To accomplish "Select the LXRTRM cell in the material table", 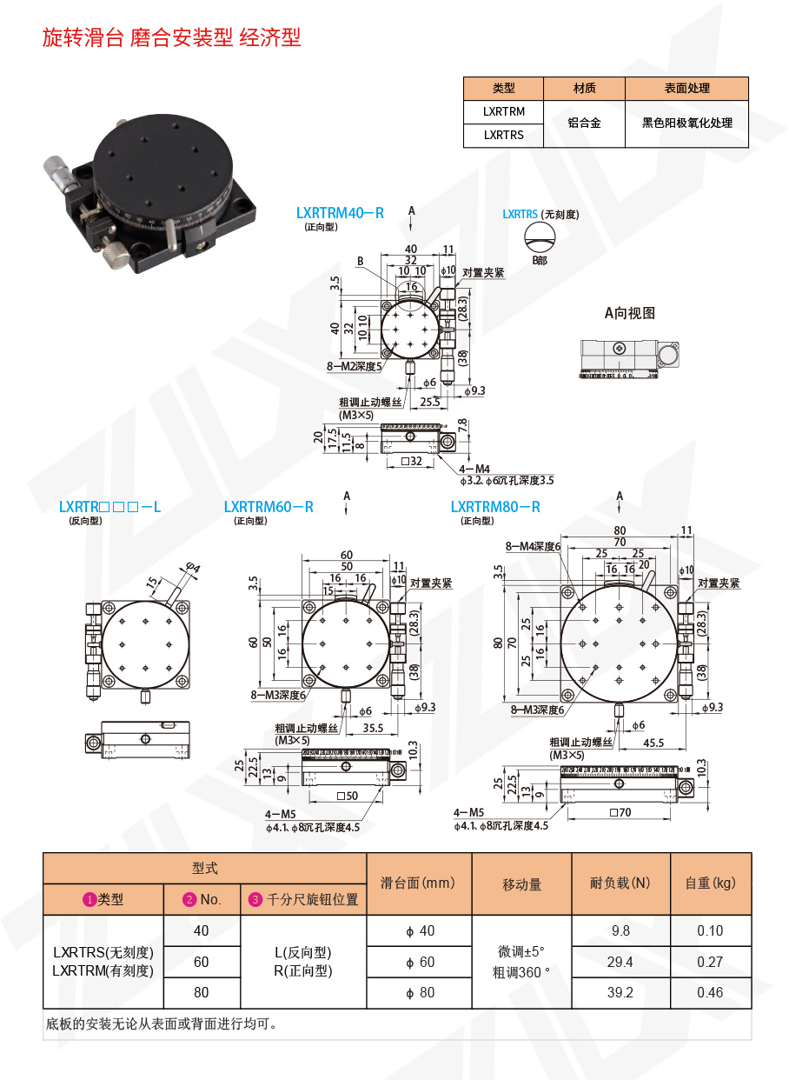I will [504, 111].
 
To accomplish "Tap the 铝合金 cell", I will [584, 123].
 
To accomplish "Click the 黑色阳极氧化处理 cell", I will [686, 123].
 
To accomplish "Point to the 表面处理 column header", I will [686, 88].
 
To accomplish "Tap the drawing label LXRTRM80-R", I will [495, 507].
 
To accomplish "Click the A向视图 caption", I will [630, 313].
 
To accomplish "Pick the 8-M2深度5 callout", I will [354, 367].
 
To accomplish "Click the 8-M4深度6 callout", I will [534, 546].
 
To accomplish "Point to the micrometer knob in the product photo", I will [58, 171].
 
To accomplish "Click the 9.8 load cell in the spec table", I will [620, 931].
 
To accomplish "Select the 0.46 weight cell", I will [710, 992].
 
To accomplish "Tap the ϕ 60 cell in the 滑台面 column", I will [420, 962].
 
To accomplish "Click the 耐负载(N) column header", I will [620, 883].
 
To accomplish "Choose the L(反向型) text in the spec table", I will [302, 952].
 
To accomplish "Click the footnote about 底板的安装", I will [160, 1023].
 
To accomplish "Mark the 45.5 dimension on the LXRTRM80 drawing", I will [653, 743].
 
